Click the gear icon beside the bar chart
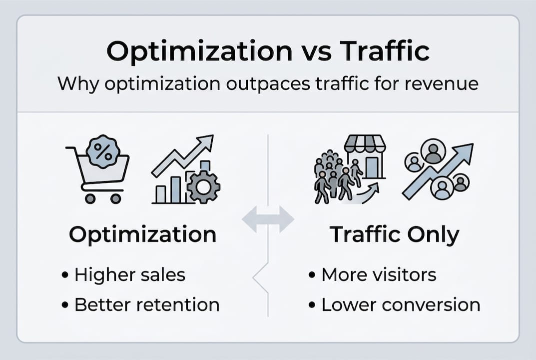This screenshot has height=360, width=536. click(203, 186)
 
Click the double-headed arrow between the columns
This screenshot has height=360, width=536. click(268, 219)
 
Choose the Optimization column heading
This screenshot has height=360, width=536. click(142, 234)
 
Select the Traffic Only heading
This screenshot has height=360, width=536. click(394, 235)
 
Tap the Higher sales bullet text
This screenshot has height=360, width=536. click(129, 274)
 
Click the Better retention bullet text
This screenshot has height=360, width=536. click(146, 304)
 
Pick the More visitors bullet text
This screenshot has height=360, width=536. click(379, 274)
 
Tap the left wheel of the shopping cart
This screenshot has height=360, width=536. click(90, 198)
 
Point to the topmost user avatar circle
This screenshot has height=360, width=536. click(433, 151)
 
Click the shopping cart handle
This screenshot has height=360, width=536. click(70, 148)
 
